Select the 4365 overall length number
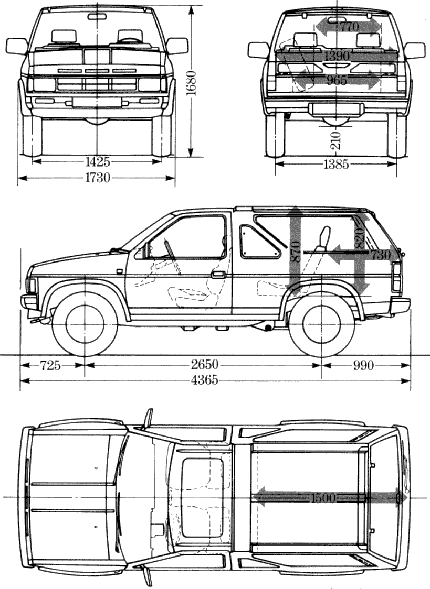[x=204, y=381]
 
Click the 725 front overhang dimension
[x=50, y=365]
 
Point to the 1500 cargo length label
[x=323, y=498]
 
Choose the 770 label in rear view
[x=349, y=26]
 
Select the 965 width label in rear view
[x=336, y=80]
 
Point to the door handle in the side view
[x=218, y=274]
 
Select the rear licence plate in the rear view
[x=336, y=109]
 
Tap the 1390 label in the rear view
[x=336, y=55]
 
